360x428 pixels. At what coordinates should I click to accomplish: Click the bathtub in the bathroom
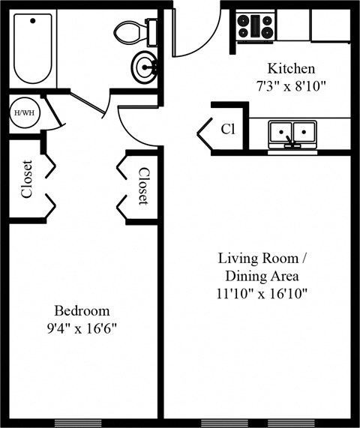tap(33, 49)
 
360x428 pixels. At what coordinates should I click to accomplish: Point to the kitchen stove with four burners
tap(255, 27)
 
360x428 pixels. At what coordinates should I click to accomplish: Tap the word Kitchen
tap(281, 68)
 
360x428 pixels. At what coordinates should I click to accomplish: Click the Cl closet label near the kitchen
tap(228, 129)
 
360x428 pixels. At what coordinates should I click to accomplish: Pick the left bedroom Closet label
tap(27, 179)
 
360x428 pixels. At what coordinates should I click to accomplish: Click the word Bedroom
tap(82, 310)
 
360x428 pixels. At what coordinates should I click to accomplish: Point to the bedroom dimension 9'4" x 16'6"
tap(82, 328)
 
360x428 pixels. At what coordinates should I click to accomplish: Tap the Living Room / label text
tap(262, 259)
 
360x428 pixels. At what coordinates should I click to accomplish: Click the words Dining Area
tap(262, 276)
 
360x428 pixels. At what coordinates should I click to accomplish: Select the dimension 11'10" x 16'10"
tap(262, 293)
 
